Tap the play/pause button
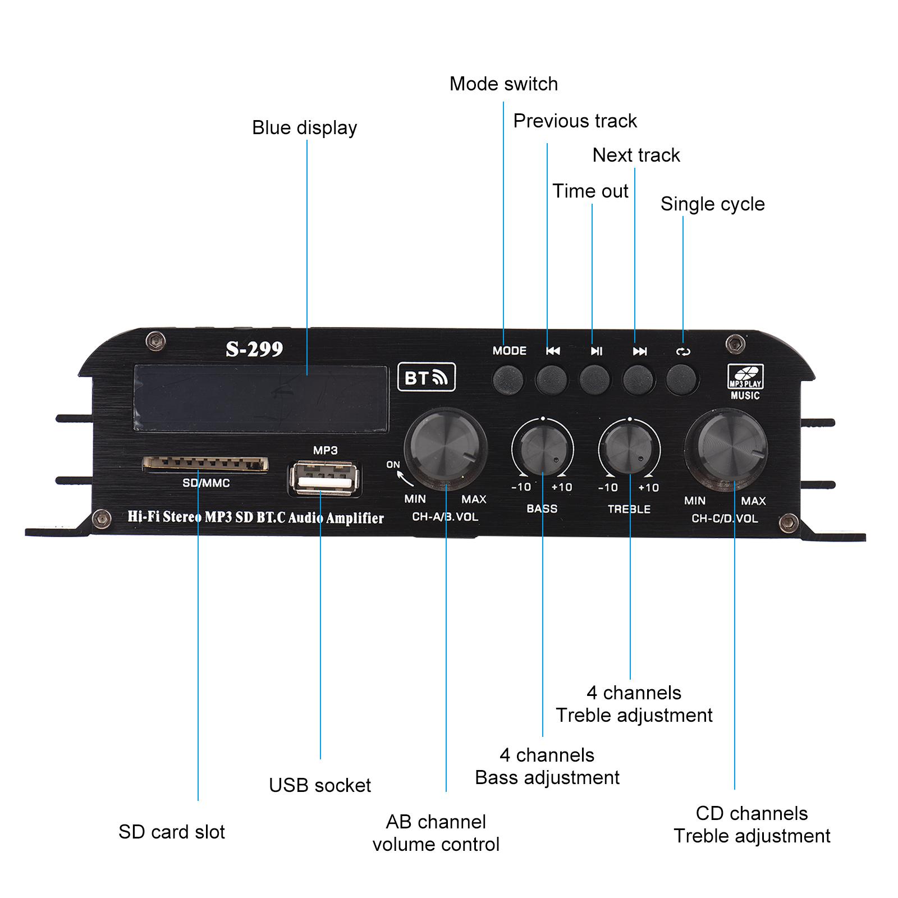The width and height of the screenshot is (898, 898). tap(594, 379)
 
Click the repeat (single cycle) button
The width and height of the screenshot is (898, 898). tap(681, 379)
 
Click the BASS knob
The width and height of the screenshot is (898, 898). tap(542, 450)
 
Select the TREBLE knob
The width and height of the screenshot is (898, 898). tap(629, 450)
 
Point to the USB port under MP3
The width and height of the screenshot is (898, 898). tap(325, 478)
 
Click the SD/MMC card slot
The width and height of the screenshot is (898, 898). tap(205, 464)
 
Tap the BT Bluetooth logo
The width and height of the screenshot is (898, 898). tap(426, 377)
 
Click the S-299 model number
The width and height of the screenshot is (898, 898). tap(254, 349)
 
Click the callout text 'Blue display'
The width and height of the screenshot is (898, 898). tap(304, 128)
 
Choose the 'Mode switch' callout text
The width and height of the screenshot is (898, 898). tap(503, 84)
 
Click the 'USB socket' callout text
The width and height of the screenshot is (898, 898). tap(319, 785)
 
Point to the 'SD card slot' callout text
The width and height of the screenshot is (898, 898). tap(171, 832)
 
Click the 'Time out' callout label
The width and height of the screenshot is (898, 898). tap(590, 191)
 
